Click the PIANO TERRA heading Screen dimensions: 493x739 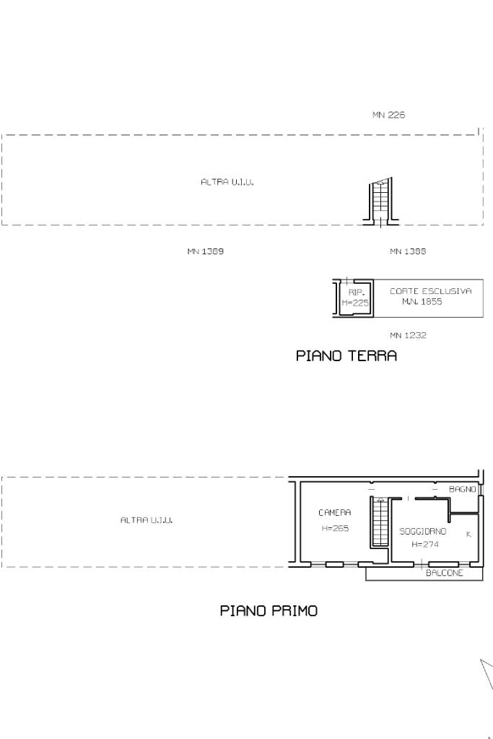[346, 355]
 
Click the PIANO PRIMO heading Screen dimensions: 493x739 [269, 611]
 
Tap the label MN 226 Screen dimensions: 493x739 [388, 115]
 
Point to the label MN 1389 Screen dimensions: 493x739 [205, 251]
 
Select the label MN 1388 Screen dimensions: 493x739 [408, 251]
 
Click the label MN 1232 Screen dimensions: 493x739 [408, 335]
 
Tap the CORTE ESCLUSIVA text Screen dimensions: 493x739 [430, 291]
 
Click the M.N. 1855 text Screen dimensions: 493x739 [422, 302]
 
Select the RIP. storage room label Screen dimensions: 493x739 [356, 293]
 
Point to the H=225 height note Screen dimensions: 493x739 [355, 303]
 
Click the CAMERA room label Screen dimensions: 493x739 [334, 512]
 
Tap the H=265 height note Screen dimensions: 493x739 [335, 528]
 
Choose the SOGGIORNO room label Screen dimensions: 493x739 [422, 532]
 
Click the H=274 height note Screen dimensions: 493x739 [424, 545]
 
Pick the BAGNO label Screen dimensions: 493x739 [463, 489]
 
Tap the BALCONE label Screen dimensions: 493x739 [445, 573]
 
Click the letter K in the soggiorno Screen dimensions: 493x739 [468, 535]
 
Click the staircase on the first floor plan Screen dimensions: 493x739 [379, 522]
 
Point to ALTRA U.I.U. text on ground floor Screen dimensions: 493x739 [227, 182]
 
